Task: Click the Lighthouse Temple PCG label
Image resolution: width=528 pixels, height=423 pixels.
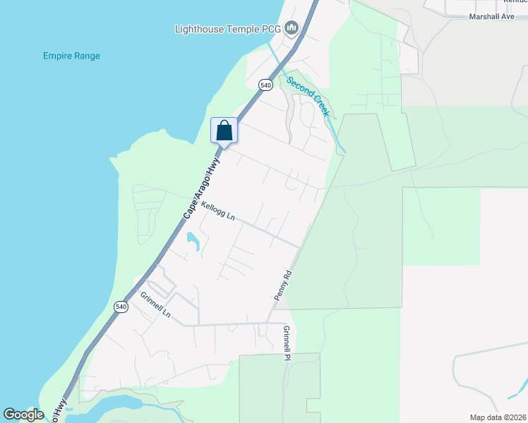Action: click(227, 29)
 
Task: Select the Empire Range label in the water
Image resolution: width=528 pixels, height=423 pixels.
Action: click(71, 56)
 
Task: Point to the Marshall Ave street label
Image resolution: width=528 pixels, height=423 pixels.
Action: click(491, 16)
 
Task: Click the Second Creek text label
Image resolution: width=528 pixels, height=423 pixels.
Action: click(308, 90)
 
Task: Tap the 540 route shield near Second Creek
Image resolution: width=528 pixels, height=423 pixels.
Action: click(265, 85)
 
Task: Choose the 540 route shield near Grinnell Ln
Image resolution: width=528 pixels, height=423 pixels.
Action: click(121, 307)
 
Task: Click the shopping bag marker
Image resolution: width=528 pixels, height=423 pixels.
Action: click(224, 130)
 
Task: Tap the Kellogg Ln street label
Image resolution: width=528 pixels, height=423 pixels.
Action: click(217, 211)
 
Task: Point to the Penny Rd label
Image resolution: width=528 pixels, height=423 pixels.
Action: click(283, 283)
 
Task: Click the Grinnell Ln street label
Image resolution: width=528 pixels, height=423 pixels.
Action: click(155, 305)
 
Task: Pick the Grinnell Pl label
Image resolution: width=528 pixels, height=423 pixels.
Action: click(287, 343)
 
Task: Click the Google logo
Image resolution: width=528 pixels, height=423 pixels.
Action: click(23, 415)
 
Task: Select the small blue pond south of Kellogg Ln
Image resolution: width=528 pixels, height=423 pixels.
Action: click(192, 241)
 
